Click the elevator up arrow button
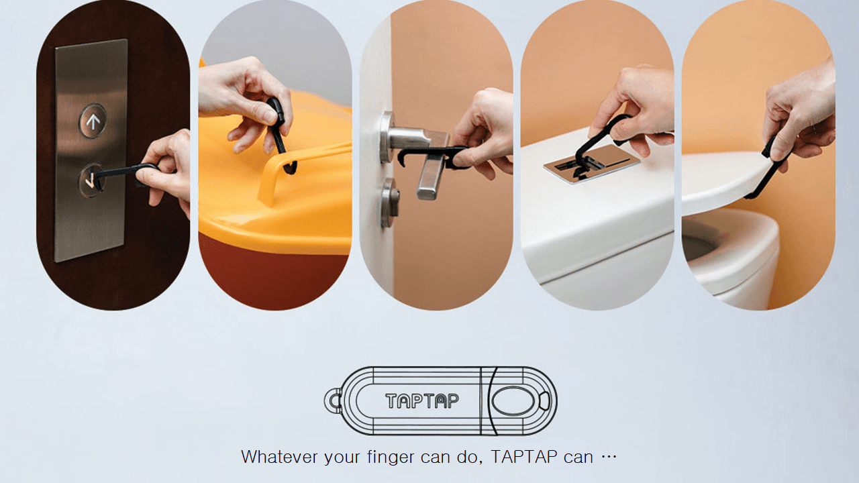click(x=93, y=121)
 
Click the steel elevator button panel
click(x=91, y=150)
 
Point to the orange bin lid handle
click(x=303, y=168)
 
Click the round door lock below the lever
click(x=390, y=203)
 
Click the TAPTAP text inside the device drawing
click(x=422, y=401)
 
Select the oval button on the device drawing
click(x=513, y=401)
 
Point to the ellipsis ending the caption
click(x=609, y=457)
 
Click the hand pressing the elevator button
click(x=167, y=168)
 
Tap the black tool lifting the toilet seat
click(x=771, y=168)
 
